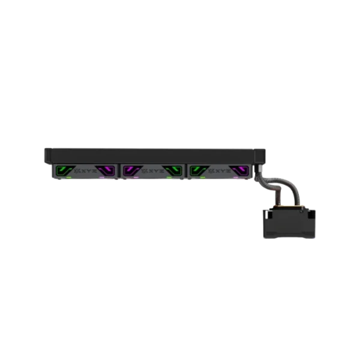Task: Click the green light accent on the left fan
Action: [61, 170]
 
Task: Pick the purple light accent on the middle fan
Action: [129, 170]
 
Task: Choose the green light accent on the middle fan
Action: [174, 170]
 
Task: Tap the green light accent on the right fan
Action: [196, 170]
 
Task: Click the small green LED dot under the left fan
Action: [70, 178]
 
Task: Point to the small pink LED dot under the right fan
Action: [235, 178]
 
